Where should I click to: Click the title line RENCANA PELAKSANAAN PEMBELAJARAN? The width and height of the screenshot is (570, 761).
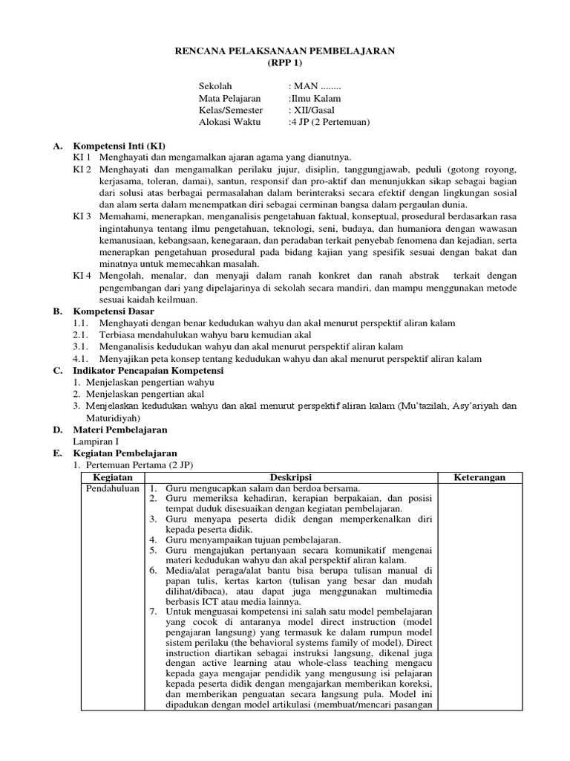[x=285, y=51]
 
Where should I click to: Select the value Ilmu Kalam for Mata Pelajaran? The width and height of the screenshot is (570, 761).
[x=317, y=98]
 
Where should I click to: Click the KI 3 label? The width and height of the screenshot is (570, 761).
[x=82, y=216]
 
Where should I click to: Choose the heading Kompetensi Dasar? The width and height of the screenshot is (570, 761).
[x=114, y=311]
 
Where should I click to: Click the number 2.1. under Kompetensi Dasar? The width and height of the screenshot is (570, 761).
[x=81, y=335]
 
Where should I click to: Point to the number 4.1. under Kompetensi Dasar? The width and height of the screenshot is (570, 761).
[x=81, y=359]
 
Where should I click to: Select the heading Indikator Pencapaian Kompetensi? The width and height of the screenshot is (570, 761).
[x=148, y=370]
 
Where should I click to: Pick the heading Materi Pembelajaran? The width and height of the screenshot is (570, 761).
[x=119, y=430]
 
